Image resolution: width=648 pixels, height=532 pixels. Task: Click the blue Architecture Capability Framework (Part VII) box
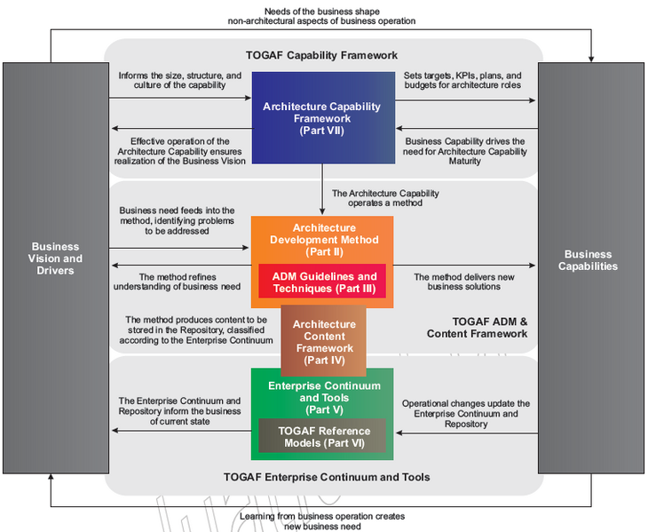pyautogui.click(x=321, y=117)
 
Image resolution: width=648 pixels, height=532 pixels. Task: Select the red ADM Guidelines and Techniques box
pyautogui.click(x=322, y=281)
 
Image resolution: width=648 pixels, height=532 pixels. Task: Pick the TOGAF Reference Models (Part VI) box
pyautogui.click(x=322, y=436)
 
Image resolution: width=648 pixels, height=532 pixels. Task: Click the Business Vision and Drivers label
pyautogui.click(x=55, y=258)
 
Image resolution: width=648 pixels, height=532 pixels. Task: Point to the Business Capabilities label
pyautogui.click(x=590, y=258)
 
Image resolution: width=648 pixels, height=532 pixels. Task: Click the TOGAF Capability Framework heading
pyautogui.click(x=322, y=54)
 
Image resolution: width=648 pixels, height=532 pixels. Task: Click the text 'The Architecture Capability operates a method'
pyautogui.click(x=385, y=198)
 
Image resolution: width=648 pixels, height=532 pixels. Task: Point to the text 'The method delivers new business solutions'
pyautogui.click(x=464, y=282)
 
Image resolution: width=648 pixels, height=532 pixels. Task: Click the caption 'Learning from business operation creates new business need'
pyautogui.click(x=322, y=520)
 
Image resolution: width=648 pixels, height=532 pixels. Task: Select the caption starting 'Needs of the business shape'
pyautogui.click(x=321, y=15)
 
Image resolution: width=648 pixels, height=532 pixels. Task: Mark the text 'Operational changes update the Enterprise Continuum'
pyautogui.click(x=466, y=414)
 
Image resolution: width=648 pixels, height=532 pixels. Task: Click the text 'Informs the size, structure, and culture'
pyautogui.click(x=179, y=82)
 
